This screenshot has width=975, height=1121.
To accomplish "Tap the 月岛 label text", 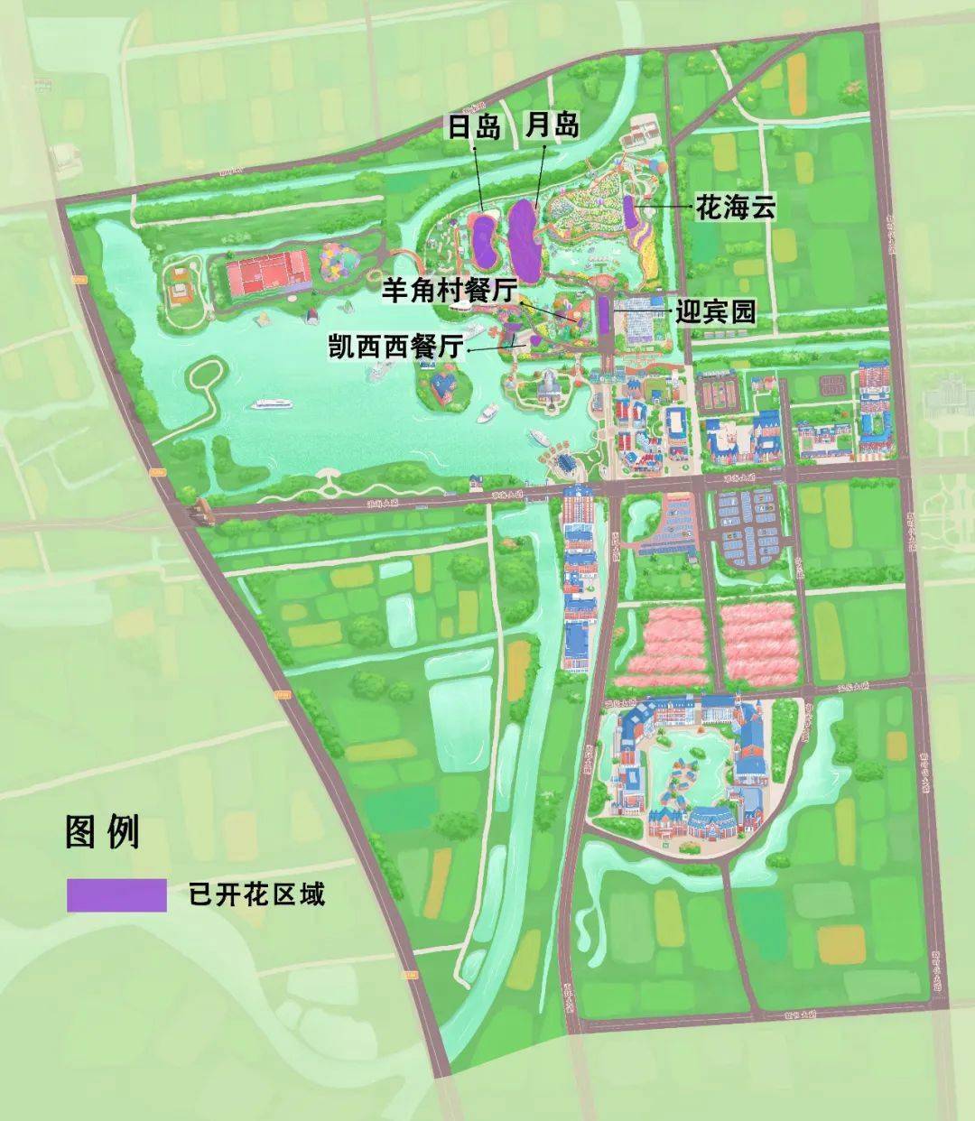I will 552,125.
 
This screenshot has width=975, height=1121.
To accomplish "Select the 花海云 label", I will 735,208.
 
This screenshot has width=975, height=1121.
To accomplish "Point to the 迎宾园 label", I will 715,312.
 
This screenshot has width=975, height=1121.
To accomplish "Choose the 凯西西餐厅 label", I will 396,347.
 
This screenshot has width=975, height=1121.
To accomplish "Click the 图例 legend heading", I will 102,831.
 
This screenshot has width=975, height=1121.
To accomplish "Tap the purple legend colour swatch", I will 116,894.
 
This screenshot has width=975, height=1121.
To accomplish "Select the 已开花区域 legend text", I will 255,894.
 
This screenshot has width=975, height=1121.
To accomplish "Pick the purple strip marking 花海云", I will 628,210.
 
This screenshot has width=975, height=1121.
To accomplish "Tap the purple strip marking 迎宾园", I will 602,313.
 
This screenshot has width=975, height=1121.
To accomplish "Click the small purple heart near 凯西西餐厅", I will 534,340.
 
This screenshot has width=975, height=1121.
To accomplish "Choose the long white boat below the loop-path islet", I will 276,403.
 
